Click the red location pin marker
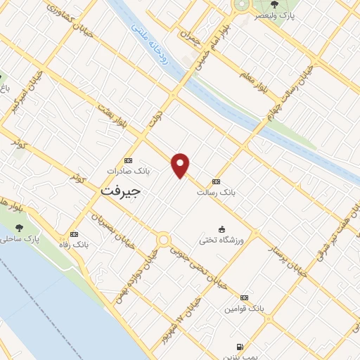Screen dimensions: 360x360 [x=181, y=165]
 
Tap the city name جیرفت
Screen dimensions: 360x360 [x=121, y=190]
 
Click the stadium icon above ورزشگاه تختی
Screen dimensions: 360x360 [x=222, y=229]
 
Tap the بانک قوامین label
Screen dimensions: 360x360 [x=244, y=308]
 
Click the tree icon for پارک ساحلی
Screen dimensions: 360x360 [x=19, y=228]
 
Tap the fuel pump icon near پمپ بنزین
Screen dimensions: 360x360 [x=240, y=347]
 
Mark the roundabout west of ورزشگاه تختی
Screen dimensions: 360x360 [x=164, y=240]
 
